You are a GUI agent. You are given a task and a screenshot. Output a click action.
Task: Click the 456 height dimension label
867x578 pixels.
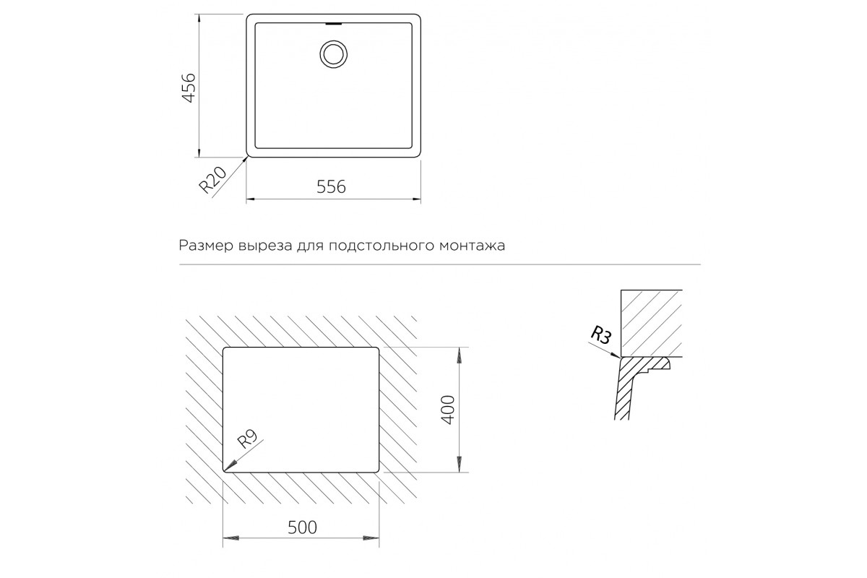pyautogui.click(x=189, y=88)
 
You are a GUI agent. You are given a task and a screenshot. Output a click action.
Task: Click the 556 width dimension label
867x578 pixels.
pyautogui.click(x=331, y=187)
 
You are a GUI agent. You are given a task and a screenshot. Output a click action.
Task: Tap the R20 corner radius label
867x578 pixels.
pyautogui.click(x=212, y=180)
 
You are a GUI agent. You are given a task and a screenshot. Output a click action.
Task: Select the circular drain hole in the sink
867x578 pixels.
pyautogui.click(x=333, y=54)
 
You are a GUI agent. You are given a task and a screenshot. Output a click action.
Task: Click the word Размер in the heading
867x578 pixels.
pyautogui.click(x=205, y=246)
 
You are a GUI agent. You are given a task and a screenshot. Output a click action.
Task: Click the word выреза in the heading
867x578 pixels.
pyautogui.click(x=265, y=246)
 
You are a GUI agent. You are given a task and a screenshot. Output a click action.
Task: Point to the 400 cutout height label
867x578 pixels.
pyautogui.click(x=448, y=410)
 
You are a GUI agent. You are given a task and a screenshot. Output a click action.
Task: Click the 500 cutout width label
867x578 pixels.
pyautogui.click(x=302, y=527)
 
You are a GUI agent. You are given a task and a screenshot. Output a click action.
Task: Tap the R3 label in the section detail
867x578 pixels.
pyautogui.click(x=600, y=335)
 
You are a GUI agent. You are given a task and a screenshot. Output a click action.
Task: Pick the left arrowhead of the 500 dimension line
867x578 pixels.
pyautogui.click(x=231, y=538)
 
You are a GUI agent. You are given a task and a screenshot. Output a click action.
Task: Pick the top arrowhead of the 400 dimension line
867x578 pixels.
pyautogui.click(x=459, y=355)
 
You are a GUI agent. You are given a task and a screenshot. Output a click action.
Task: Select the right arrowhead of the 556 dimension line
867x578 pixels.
pyautogui.click(x=416, y=199)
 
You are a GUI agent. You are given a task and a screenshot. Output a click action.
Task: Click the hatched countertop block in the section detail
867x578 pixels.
pyautogui.click(x=652, y=323)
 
